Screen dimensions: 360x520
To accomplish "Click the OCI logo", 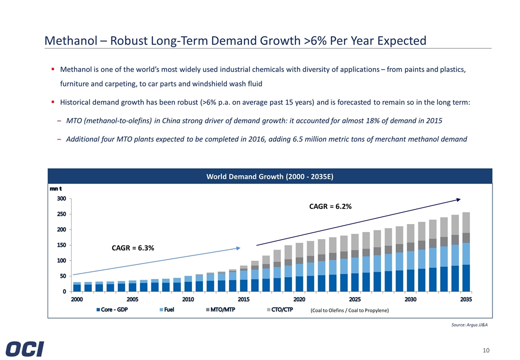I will coord(25,348).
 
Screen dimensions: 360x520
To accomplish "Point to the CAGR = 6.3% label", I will coord(132,248).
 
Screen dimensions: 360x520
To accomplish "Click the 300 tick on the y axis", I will coord(60,198).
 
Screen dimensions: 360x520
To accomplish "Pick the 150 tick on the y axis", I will coord(60,245).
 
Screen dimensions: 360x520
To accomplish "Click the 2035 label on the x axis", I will coord(465,299).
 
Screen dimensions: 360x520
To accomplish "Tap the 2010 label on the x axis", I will coord(188,299).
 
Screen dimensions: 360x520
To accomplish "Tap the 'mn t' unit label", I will coord(55,188).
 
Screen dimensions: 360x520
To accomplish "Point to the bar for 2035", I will coord(465,252).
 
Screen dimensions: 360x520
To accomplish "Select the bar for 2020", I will coord(299,267).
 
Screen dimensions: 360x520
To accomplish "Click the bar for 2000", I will coord(76,287).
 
